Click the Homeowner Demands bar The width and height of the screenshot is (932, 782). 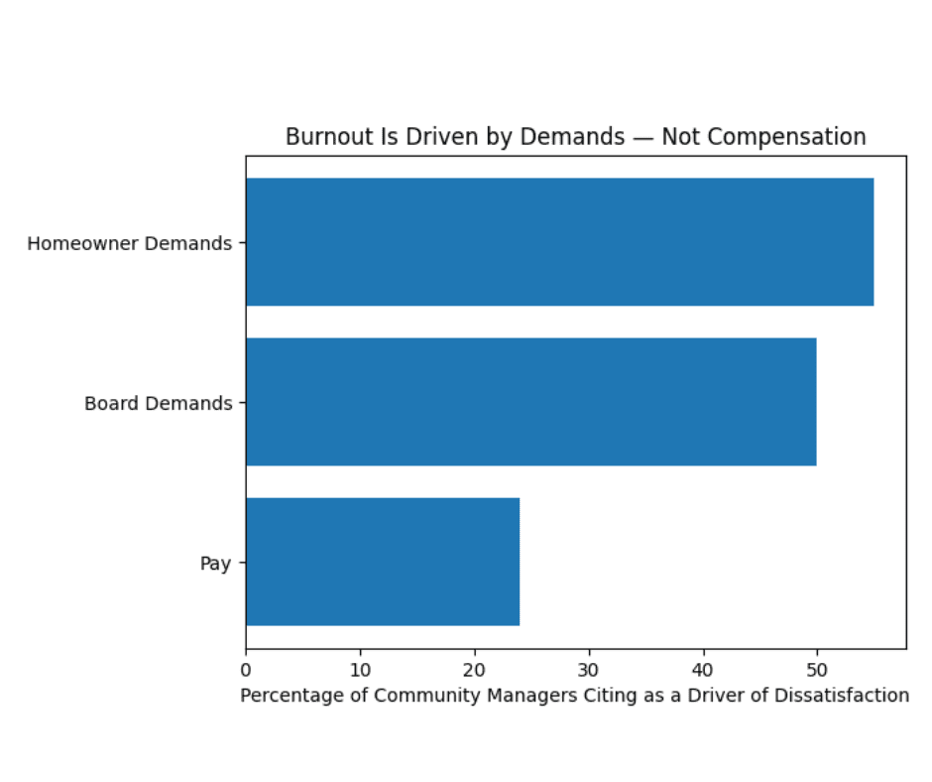click(x=559, y=242)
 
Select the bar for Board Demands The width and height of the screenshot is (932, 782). click(x=530, y=402)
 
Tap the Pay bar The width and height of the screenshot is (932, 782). click(x=383, y=562)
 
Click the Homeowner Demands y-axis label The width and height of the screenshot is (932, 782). click(x=129, y=243)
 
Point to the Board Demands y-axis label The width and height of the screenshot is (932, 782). click(x=158, y=404)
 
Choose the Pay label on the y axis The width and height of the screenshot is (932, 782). click(x=215, y=564)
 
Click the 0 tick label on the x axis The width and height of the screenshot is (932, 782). click(x=246, y=669)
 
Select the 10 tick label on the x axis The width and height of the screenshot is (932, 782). click(x=360, y=669)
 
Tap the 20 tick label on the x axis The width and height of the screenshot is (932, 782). click(x=475, y=669)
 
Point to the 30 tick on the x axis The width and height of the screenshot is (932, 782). click(x=589, y=669)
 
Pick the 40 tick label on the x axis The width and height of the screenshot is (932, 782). click(x=704, y=669)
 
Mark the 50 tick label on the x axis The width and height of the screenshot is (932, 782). click(x=817, y=669)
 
